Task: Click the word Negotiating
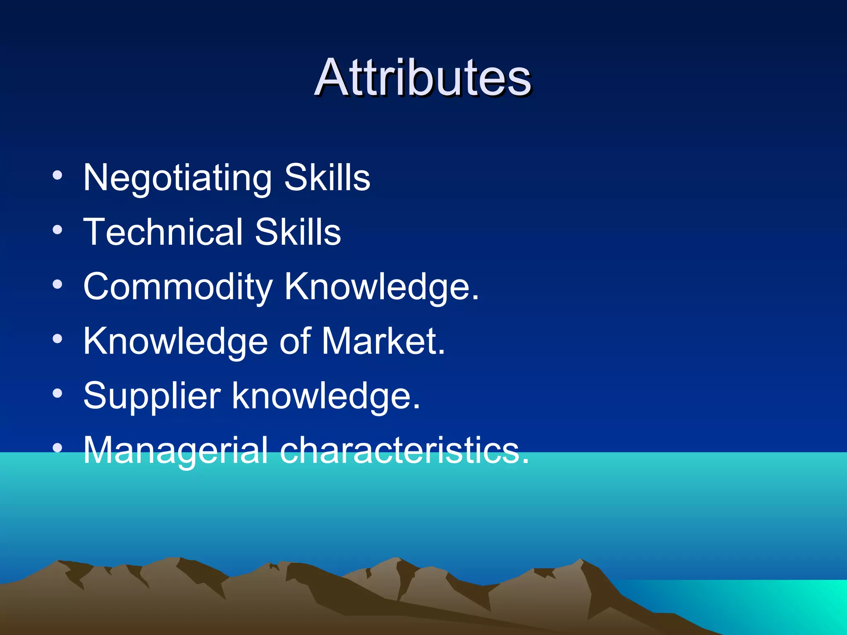point(177,178)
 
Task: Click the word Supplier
point(152,396)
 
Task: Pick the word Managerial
point(175,451)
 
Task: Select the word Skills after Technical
point(298,232)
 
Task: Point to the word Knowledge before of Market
point(175,341)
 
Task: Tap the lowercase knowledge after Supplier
point(325,396)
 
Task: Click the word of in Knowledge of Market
point(295,341)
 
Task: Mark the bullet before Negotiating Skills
point(57,176)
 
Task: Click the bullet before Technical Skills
point(57,230)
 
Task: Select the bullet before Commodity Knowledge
point(57,285)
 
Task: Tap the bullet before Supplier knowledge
point(57,394)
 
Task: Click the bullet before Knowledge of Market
point(57,339)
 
